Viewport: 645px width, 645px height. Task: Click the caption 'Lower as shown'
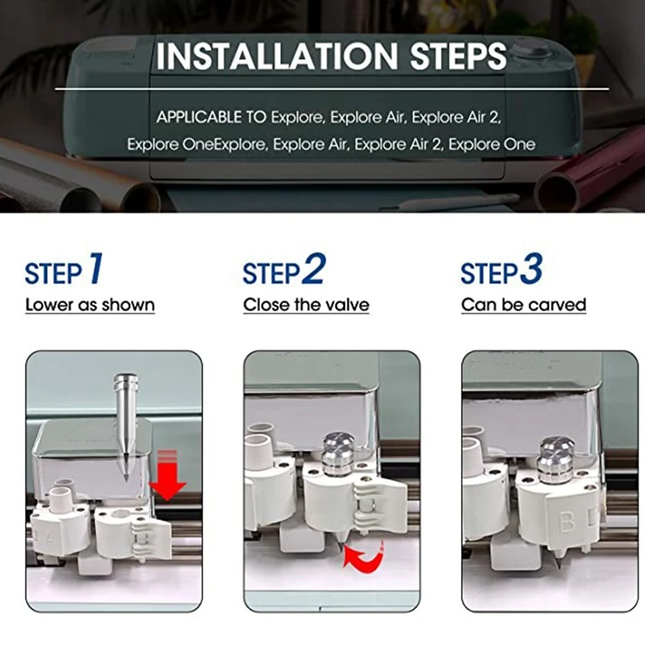(90, 305)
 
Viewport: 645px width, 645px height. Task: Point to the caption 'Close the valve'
(306, 305)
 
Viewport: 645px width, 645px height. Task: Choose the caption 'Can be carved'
(524, 305)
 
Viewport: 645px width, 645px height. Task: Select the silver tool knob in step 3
(556, 459)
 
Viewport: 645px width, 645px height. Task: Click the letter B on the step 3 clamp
(567, 522)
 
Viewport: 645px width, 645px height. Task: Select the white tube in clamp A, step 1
(61, 499)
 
